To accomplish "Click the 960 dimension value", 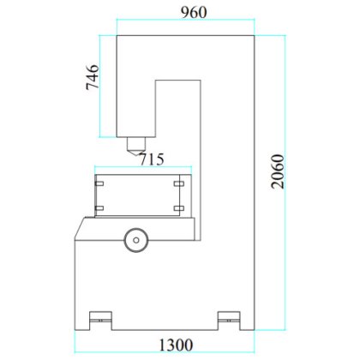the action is [194, 12].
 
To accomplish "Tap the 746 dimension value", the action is [93, 77].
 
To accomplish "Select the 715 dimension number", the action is [152, 159].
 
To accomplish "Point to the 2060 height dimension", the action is [278, 171].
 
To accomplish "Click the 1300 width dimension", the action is [176, 345].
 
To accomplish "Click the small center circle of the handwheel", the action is [136, 240].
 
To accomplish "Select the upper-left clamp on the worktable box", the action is [99, 183].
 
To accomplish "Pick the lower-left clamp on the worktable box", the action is [99, 208].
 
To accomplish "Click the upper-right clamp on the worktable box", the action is [179, 183].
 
